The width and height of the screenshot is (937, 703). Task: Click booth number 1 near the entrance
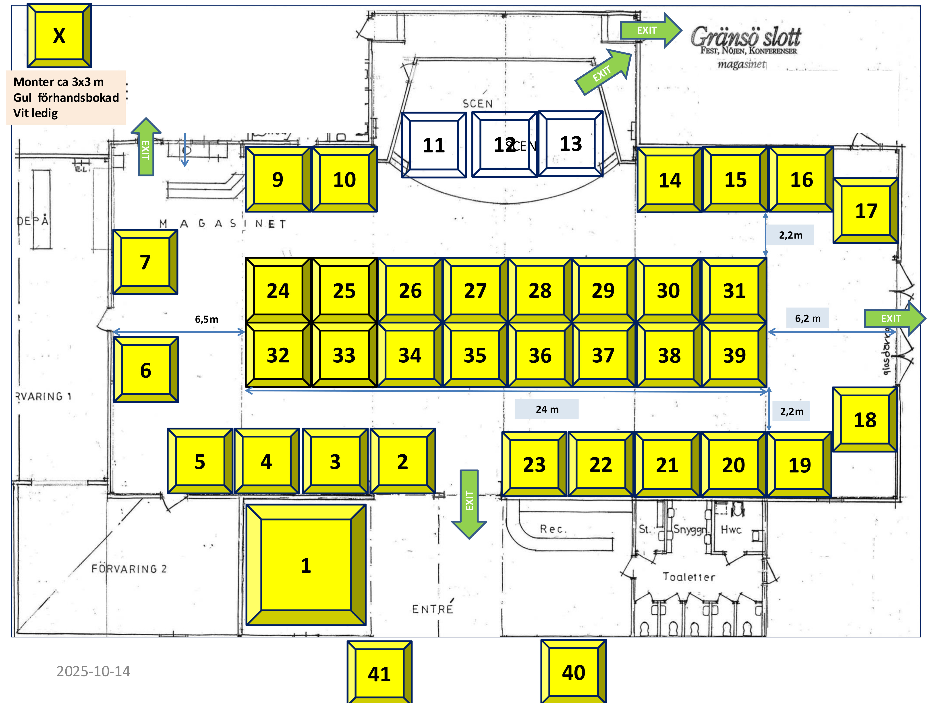306,565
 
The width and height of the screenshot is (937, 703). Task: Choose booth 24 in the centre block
278,291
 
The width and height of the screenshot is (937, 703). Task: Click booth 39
734,355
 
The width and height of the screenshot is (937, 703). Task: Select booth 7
145,262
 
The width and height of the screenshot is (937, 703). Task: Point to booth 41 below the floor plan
379,674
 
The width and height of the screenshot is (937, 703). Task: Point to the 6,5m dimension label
207,319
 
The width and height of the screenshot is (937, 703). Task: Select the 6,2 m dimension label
807,318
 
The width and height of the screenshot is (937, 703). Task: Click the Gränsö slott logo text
746,37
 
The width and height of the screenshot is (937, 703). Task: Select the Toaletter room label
689,577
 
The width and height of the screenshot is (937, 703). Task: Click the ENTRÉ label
433,609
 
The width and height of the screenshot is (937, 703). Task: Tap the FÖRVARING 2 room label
129,569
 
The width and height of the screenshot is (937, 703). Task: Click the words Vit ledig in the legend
35,113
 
